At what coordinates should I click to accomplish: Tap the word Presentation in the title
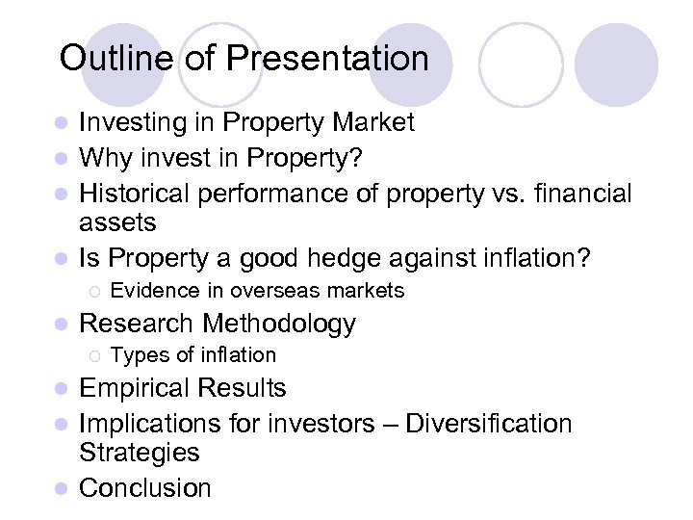pyautogui.click(x=327, y=59)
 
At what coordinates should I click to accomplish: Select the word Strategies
pyautogui.click(x=139, y=454)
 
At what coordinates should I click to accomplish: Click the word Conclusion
pyautogui.click(x=144, y=488)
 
